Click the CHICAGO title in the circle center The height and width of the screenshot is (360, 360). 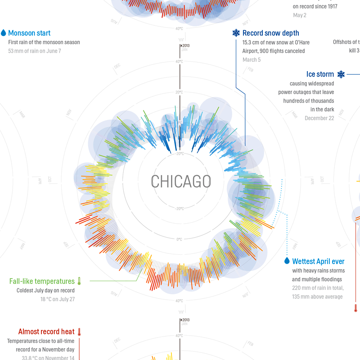pos(180,181)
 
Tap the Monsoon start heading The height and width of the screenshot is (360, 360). pos(29,33)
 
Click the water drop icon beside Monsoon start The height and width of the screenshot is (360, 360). pos(4,33)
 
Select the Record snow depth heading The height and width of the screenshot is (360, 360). pos(270,33)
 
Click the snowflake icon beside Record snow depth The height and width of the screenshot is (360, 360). pos(236,33)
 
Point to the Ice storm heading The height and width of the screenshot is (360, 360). pos(320,74)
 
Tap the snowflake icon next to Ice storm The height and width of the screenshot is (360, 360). pos(341,74)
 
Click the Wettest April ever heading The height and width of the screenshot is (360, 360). pos(318,261)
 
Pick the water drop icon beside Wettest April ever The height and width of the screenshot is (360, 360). pos(287,261)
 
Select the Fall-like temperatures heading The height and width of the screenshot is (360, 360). pos(42,281)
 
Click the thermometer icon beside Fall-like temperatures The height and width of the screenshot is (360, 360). pos(79,281)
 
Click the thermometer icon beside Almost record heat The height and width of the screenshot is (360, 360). pos(79,332)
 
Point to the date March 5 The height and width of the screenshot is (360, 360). pos(252,60)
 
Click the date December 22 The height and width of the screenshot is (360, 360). pos(319,118)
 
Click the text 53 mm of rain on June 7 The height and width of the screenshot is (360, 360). pos(35,51)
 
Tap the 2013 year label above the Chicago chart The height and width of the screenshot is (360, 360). pos(186,46)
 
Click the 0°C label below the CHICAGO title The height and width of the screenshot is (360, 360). pos(179,239)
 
